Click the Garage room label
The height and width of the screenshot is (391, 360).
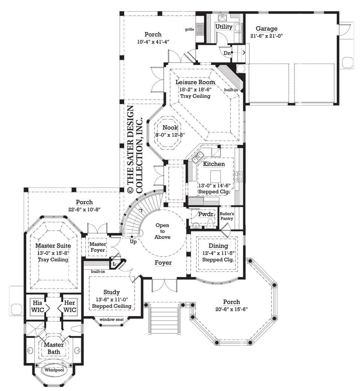point(267,29)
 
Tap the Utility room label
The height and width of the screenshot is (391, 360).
point(224,27)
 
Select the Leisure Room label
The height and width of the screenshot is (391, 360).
point(195,82)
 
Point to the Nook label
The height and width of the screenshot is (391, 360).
point(170,128)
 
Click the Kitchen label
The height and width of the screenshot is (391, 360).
point(214,164)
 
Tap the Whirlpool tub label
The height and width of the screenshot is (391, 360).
point(54,370)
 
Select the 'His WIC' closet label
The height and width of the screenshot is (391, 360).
point(37,306)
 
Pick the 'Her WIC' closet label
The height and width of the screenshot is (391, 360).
point(69,306)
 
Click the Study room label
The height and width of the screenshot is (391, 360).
point(111,292)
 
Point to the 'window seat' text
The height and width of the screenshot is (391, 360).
point(111,320)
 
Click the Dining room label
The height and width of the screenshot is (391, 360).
point(219,246)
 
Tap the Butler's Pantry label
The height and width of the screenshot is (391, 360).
point(227,216)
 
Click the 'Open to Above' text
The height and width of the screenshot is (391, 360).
point(162,231)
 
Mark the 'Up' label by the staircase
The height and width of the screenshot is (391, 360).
point(133,242)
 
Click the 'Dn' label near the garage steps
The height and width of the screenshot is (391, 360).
point(227,53)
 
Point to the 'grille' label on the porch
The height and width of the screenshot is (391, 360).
point(190,29)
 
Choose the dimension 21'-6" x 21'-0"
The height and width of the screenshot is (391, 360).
point(267,36)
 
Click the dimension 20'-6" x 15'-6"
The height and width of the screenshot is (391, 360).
point(231,309)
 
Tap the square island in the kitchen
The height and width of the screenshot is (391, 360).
point(215,176)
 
